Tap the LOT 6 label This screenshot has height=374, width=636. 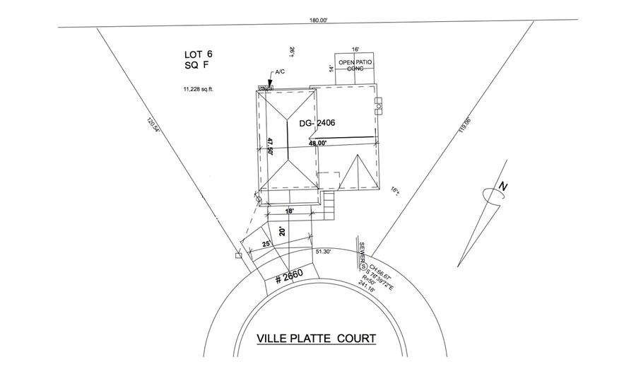(198, 54)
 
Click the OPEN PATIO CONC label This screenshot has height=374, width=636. (355, 66)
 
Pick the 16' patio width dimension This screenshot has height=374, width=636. (355, 49)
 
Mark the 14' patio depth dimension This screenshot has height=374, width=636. (331, 69)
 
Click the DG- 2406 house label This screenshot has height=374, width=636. (317, 123)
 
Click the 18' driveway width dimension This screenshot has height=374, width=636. (289, 211)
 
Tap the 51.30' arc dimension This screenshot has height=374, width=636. (324, 251)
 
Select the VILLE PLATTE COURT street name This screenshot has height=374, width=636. (317, 339)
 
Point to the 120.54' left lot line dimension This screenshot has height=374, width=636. (151, 127)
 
